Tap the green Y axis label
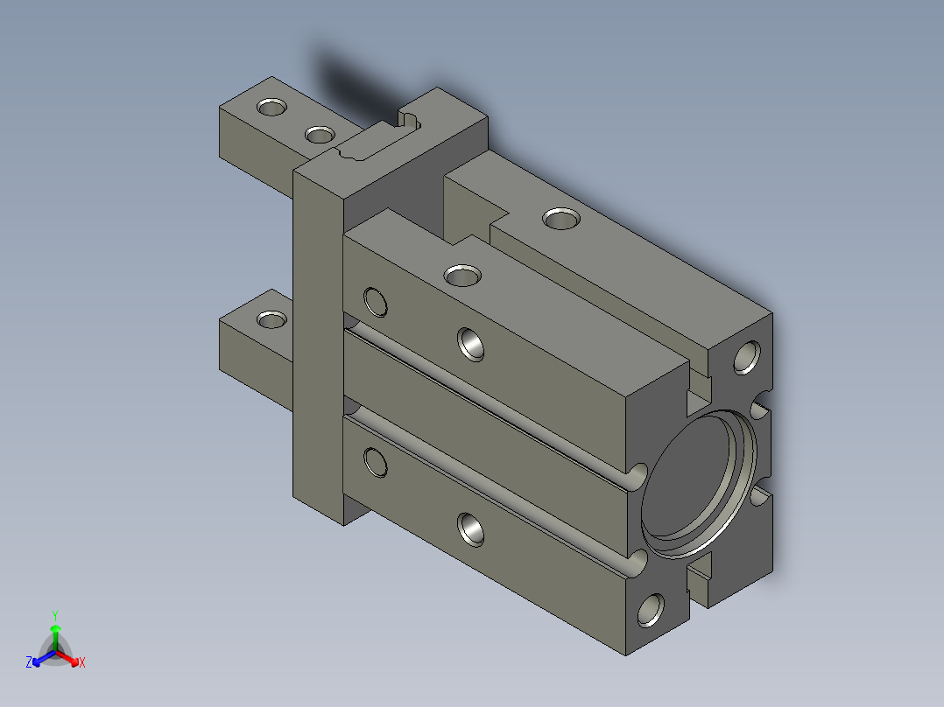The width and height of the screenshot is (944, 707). (x=55, y=615)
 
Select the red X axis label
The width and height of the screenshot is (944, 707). (x=82, y=662)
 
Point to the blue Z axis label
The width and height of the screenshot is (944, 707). (x=29, y=662)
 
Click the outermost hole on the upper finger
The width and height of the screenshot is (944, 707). (x=271, y=107)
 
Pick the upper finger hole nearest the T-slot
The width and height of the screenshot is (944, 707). (x=320, y=134)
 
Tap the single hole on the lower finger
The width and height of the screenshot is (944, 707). (x=271, y=319)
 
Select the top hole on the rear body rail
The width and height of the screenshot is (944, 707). (x=561, y=219)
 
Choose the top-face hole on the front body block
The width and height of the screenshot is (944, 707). (x=462, y=276)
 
